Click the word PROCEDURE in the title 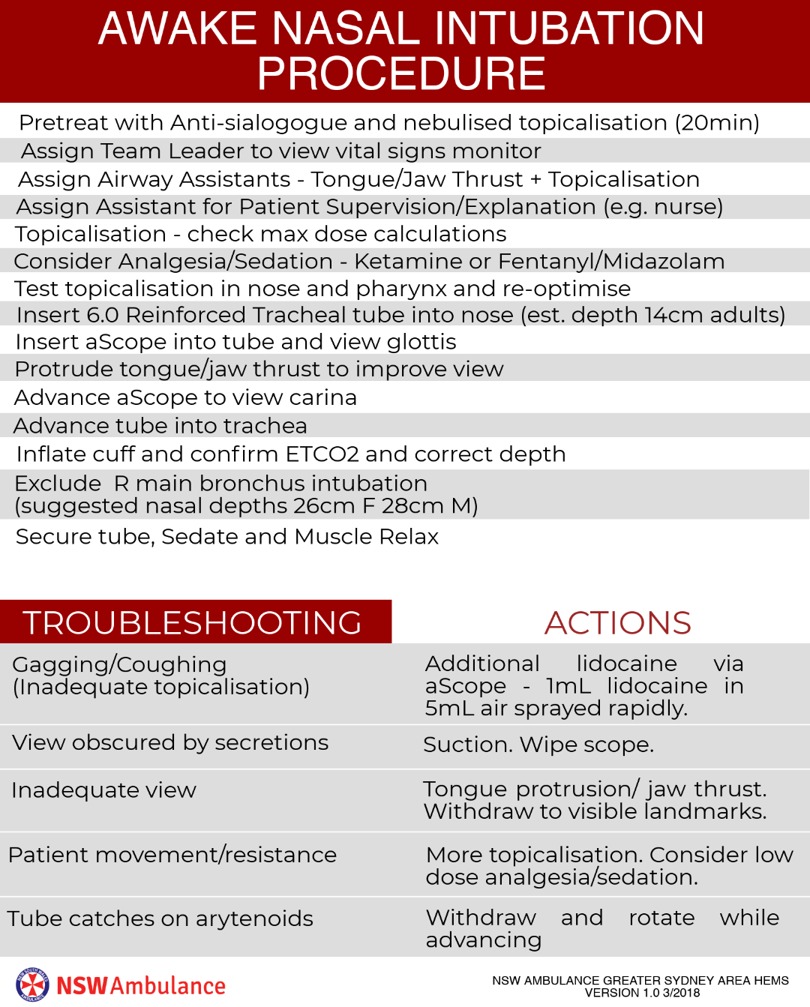(x=401, y=73)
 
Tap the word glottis (x=421, y=342)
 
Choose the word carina (x=324, y=397)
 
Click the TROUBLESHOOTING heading (x=193, y=622)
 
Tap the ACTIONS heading (x=618, y=622)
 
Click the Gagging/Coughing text (x=120, y=664)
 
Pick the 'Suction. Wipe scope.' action (x=538, y=745)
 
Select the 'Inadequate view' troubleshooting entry (x=104, y=790)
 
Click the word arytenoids (x=254, y=919)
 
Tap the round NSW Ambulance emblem (x=32, y=985)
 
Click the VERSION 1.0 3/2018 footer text (x=642, y=993)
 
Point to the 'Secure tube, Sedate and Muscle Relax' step (x=227, y=537)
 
